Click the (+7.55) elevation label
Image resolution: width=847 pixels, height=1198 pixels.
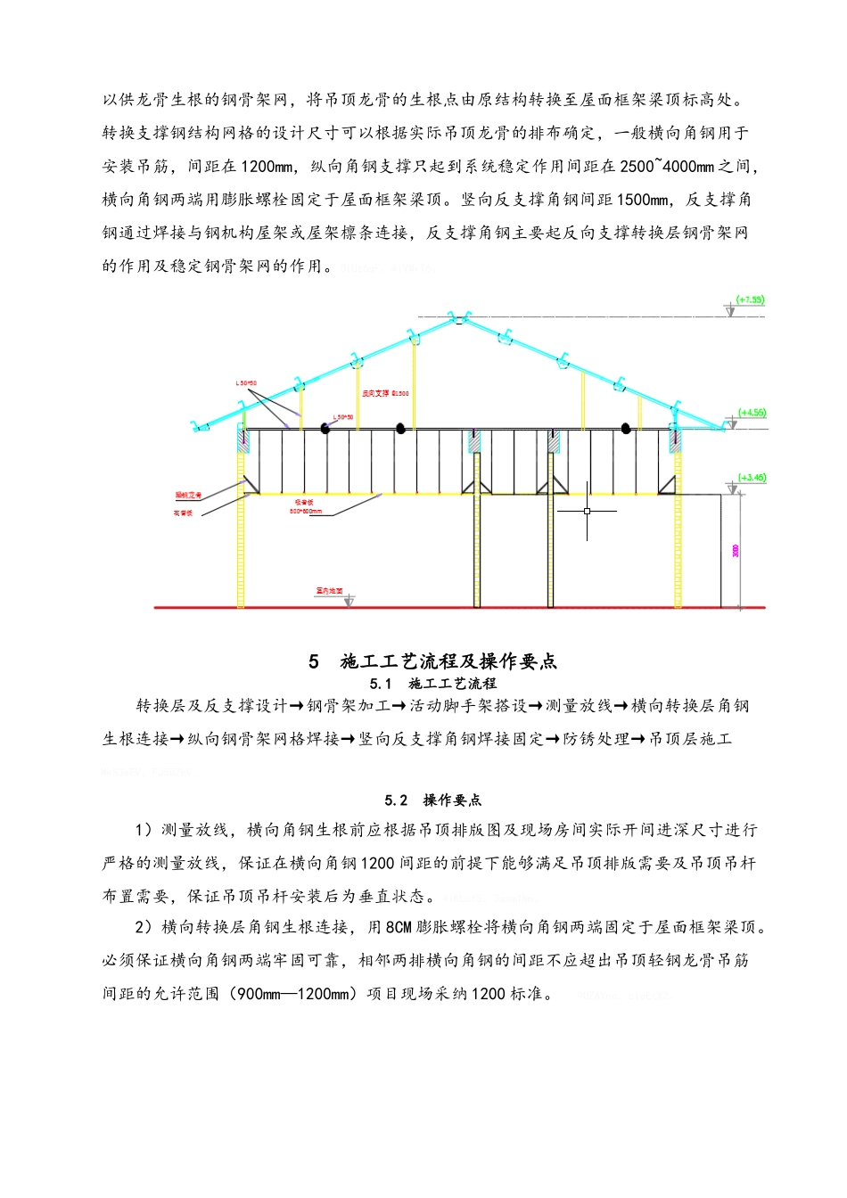point(750,299)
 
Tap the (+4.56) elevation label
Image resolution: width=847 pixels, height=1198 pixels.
point(752,413)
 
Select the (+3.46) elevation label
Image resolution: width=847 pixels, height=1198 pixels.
point(752,478)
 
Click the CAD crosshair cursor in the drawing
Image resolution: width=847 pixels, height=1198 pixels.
point(587,511)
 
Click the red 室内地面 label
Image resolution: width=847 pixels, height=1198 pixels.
point(329,591)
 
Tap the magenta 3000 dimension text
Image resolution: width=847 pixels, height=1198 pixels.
point(736,551)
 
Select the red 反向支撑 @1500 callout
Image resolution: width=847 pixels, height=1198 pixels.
point(385,393)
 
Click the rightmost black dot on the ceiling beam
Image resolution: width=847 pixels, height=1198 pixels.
point(627,428)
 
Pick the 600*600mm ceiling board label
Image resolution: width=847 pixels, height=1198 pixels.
point(305,511)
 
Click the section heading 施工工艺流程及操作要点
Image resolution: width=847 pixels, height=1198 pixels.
point(448,661)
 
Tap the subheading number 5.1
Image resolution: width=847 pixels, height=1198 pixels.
point(381,684)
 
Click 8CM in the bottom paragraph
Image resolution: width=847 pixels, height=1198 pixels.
point(399,928)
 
